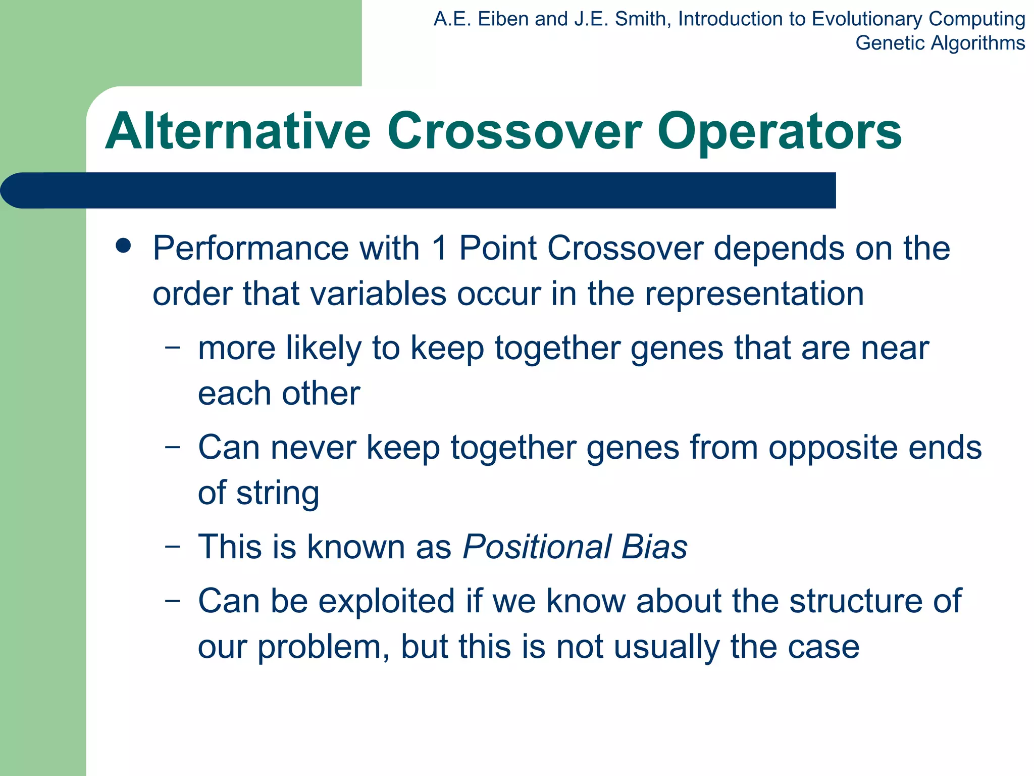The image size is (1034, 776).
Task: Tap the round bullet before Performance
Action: [x=123, y=247]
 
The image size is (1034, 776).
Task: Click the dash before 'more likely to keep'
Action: [x=172, y=348]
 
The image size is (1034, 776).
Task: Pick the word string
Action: [x=277, y=494]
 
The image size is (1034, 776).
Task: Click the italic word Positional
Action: [x=537, y=547]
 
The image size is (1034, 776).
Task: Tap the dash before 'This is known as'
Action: [x=172, y=547]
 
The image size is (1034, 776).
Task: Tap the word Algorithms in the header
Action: [x=977, y=43]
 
